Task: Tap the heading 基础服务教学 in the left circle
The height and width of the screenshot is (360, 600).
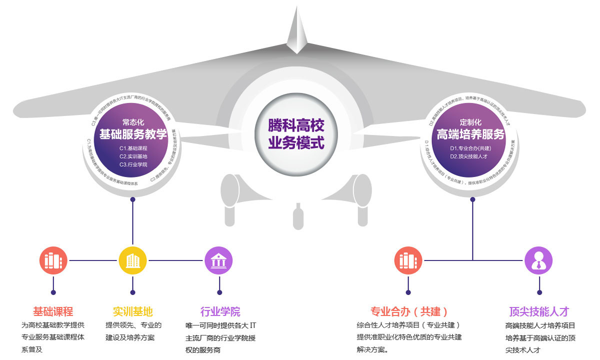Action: coord(133,134)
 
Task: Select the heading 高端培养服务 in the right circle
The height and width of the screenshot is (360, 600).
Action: coord(470,134)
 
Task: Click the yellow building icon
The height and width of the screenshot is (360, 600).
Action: coord(132,260)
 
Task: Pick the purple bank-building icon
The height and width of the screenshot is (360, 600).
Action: coord(218,260)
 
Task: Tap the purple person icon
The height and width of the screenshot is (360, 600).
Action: coord(538,260)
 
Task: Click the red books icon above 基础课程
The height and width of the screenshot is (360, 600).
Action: coord(53,260)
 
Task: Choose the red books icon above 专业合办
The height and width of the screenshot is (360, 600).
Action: coord(408,260)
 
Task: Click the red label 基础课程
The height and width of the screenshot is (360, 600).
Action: coord(53,311)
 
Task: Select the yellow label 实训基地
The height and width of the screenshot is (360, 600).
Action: coord(132,311)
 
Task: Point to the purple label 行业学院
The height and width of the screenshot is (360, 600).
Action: coord(220,311)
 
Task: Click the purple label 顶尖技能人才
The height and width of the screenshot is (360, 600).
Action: coord(539,311)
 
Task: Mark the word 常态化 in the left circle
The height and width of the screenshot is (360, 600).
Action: coord(133,121)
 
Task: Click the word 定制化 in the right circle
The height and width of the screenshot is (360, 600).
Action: coord(470,122)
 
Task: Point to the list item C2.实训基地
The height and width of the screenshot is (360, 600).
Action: coord(133,156)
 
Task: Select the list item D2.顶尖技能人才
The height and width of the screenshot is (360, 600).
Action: coord(468,156)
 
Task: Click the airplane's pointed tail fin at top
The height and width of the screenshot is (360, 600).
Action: coord(299,30)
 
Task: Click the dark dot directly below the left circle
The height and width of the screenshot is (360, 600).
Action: coord(132,199)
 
